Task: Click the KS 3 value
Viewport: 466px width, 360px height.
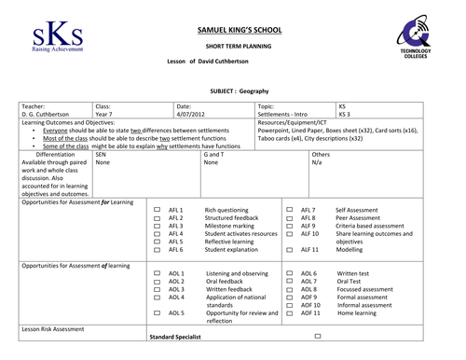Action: [345, 115]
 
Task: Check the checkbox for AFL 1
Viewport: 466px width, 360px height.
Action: [157, 211]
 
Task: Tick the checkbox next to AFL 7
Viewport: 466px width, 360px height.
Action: [290, 211]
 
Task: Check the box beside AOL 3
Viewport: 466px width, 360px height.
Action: [157, 289]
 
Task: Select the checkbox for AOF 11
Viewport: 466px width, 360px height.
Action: [290, 313]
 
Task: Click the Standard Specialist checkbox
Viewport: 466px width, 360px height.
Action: [318, 335]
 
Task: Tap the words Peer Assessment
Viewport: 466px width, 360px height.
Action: [359, 218]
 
